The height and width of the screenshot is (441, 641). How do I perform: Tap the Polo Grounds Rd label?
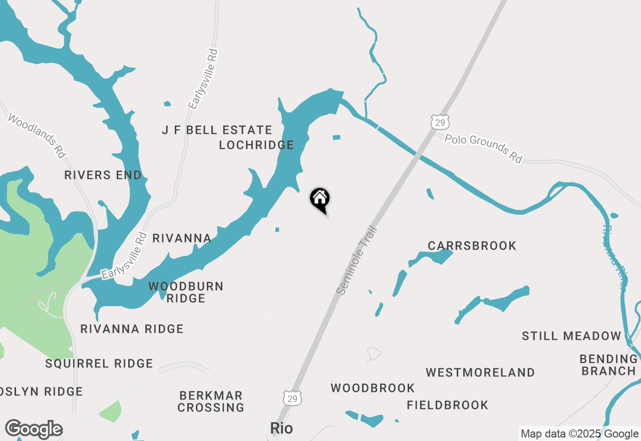[x=483, y=148]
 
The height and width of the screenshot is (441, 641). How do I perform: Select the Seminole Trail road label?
[x=356, y=261]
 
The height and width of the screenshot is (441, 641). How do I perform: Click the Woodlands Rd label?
[x=37, y=137]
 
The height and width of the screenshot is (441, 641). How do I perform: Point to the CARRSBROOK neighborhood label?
[x=472, y=246]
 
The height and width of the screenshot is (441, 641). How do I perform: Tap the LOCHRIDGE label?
[x=256, y=145]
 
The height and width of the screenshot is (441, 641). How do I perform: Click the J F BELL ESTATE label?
[x=217, y=130]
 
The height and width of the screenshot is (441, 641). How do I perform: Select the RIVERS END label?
[x=103, y=175]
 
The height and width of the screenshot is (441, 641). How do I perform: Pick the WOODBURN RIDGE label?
[x=186, y=292]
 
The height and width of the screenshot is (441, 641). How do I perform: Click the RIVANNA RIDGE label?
[x=132, y=329]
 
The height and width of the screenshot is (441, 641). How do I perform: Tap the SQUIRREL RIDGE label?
[x=99, y=364]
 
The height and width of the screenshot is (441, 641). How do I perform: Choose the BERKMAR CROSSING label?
[x=211, y=401]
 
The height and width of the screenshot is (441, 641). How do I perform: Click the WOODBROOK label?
[x=373, y=388]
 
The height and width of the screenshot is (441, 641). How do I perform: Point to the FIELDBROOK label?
[x=447, y=405]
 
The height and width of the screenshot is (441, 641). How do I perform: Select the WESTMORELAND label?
[x=480, y=372]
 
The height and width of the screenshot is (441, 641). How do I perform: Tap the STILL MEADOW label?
[x=571, y=336]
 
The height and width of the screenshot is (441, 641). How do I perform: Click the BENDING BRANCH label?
[x=608, y=365]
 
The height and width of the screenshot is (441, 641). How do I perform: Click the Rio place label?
[x=281, y=428]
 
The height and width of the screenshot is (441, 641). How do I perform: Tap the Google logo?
[x=34, y=429]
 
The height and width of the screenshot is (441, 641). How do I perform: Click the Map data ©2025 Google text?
[x=579, y=434]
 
